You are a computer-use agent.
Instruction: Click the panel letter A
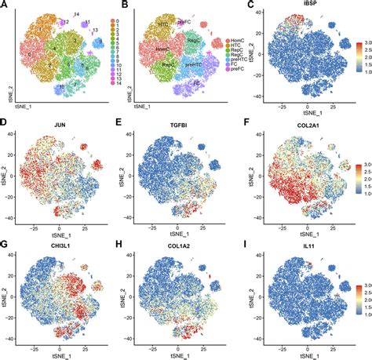pyautogui.click(x=5, y=5)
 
